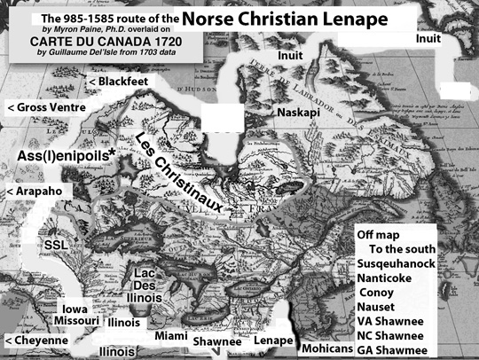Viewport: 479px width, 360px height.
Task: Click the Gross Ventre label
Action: [46, 107]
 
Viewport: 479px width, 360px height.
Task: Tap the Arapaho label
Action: [35, 191]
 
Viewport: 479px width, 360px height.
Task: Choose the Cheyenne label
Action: [36, 340]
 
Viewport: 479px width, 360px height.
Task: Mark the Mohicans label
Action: [326, 348]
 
